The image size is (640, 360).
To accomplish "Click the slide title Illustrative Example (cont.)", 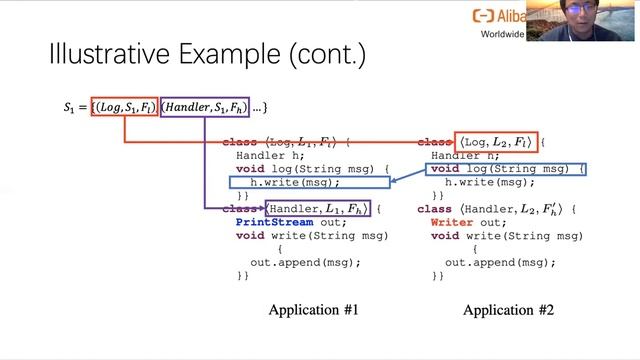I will [x=206, y=55].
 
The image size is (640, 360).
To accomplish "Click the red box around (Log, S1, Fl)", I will [x=124, y=106].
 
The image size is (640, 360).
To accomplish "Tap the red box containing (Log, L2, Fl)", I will [x=496, y=143].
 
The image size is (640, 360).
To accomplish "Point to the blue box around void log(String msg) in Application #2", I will [x=507, y=169].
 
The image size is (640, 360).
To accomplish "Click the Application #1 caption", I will [x=313, y=310].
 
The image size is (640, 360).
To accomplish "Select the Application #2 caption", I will [x=508, y=310].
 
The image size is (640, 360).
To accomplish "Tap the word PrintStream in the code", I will [x=272, y=223].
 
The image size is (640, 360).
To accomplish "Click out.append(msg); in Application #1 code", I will [x=305, y=262].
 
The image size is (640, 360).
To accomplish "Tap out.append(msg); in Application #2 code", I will [x=500, y=262].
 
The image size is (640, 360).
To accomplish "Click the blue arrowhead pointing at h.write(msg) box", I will [x=391, y=181].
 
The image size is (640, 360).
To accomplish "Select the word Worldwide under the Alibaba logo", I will [x=500, y=33].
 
